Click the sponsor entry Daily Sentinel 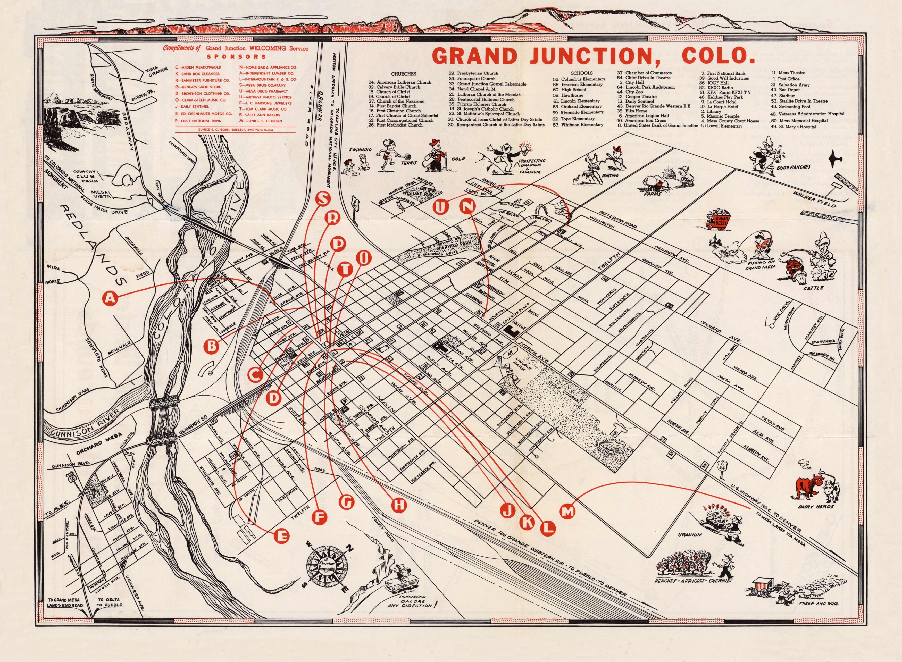[194, 107]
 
